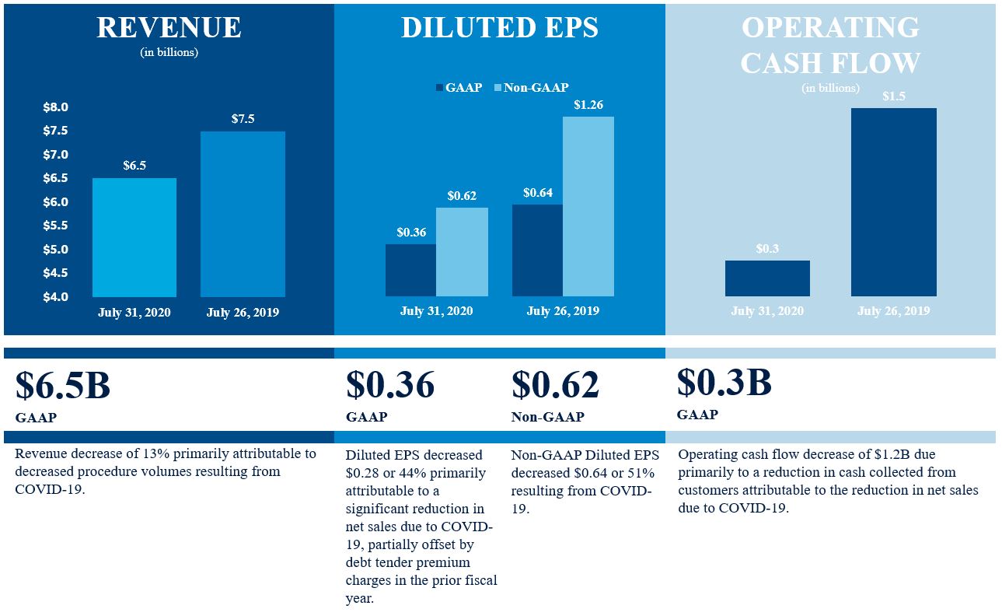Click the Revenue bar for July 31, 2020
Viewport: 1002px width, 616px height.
click(134, 237)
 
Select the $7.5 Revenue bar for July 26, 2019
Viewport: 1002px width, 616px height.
click(243, 214)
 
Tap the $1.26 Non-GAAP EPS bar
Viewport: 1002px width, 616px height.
click(588, 206)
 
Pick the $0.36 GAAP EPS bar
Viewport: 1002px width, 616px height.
click(410, 270)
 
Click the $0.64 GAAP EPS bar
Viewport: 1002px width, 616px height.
click(537, 250)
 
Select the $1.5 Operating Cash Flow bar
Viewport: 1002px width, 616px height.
click(893, 202)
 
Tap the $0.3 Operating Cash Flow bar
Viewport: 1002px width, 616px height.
click(767, 278)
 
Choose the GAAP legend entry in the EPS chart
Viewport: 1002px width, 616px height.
click(459, 88)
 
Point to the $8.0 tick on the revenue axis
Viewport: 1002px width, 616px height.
click(55, 107)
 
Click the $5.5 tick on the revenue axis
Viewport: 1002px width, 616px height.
click(55, 226)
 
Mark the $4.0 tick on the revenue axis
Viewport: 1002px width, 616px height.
click(55, 297)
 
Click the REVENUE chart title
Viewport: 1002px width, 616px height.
click(169, 27)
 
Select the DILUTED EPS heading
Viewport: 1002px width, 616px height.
click(500, 27)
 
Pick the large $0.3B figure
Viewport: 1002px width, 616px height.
click(724, 382)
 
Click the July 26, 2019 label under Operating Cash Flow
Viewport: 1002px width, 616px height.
click(893, 311)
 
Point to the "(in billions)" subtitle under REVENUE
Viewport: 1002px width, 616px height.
click(169, 53)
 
